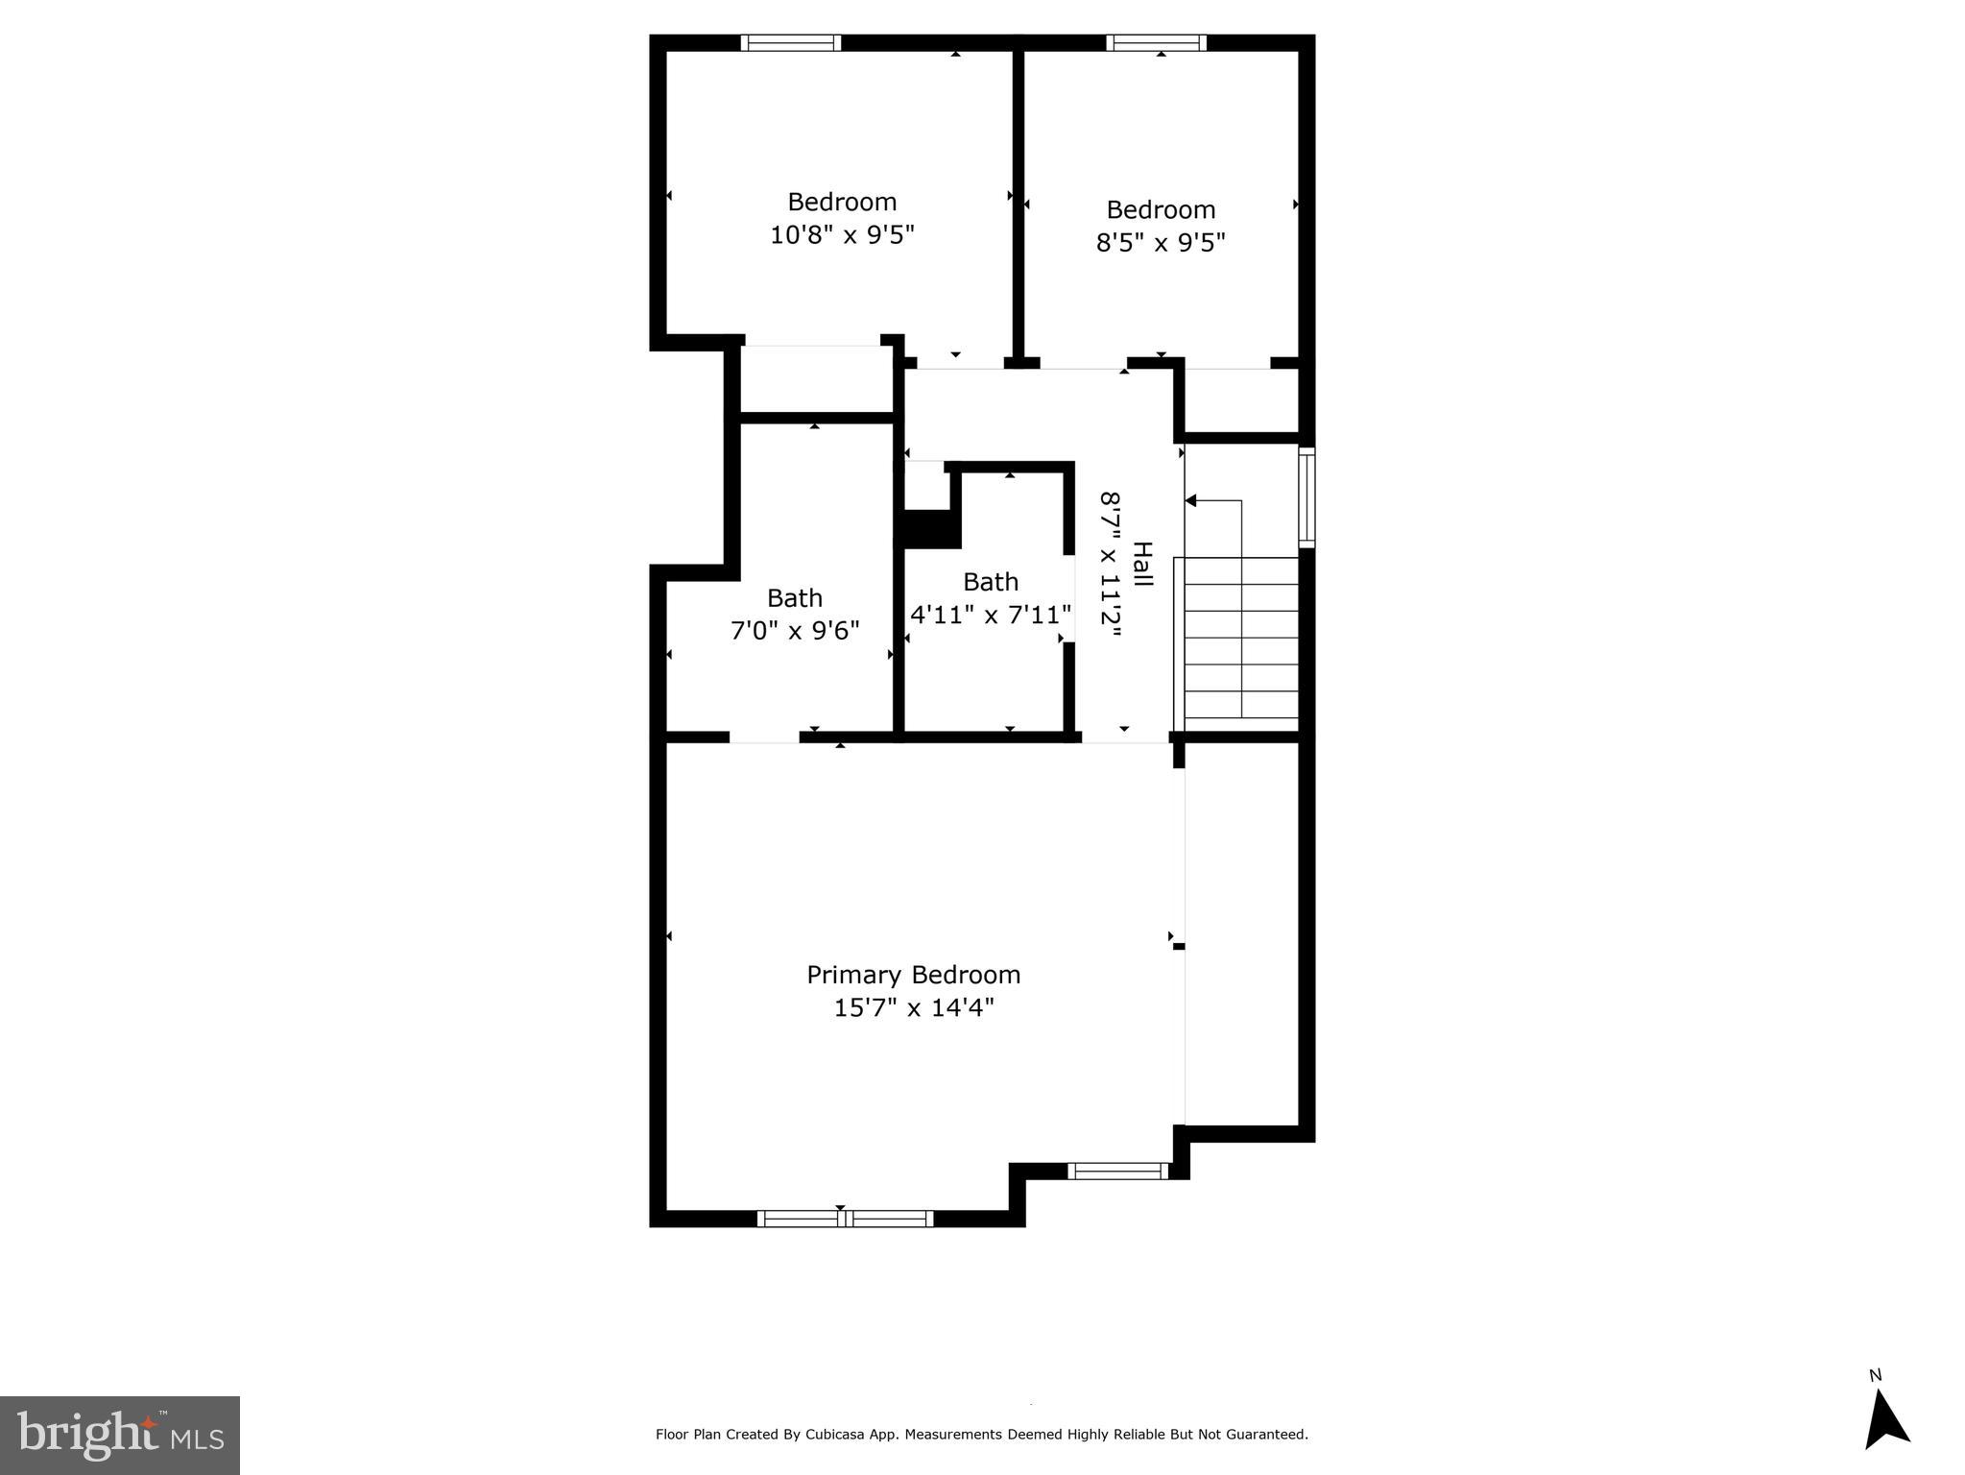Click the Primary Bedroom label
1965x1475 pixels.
(913, 975)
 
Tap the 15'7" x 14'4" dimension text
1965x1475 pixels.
(913, 1007)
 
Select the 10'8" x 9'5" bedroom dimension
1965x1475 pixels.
(842, 234)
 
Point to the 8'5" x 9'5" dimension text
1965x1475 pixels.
(1161, 242)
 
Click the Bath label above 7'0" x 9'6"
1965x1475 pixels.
(795, 598)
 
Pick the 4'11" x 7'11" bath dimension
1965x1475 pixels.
(991, 615)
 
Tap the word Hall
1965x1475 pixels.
(1142, 565)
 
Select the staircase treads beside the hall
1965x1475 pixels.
(1241, 637)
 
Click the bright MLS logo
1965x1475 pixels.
(120, 1436)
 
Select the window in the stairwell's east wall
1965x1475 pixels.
(1306, 497)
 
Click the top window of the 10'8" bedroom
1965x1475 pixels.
(791, 43)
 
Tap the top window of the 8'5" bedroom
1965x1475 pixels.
(1156, 43)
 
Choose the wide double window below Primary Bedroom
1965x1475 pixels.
(845, 1219)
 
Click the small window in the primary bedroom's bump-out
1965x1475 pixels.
(1118, 1171)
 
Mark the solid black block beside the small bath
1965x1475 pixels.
(928, 529)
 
